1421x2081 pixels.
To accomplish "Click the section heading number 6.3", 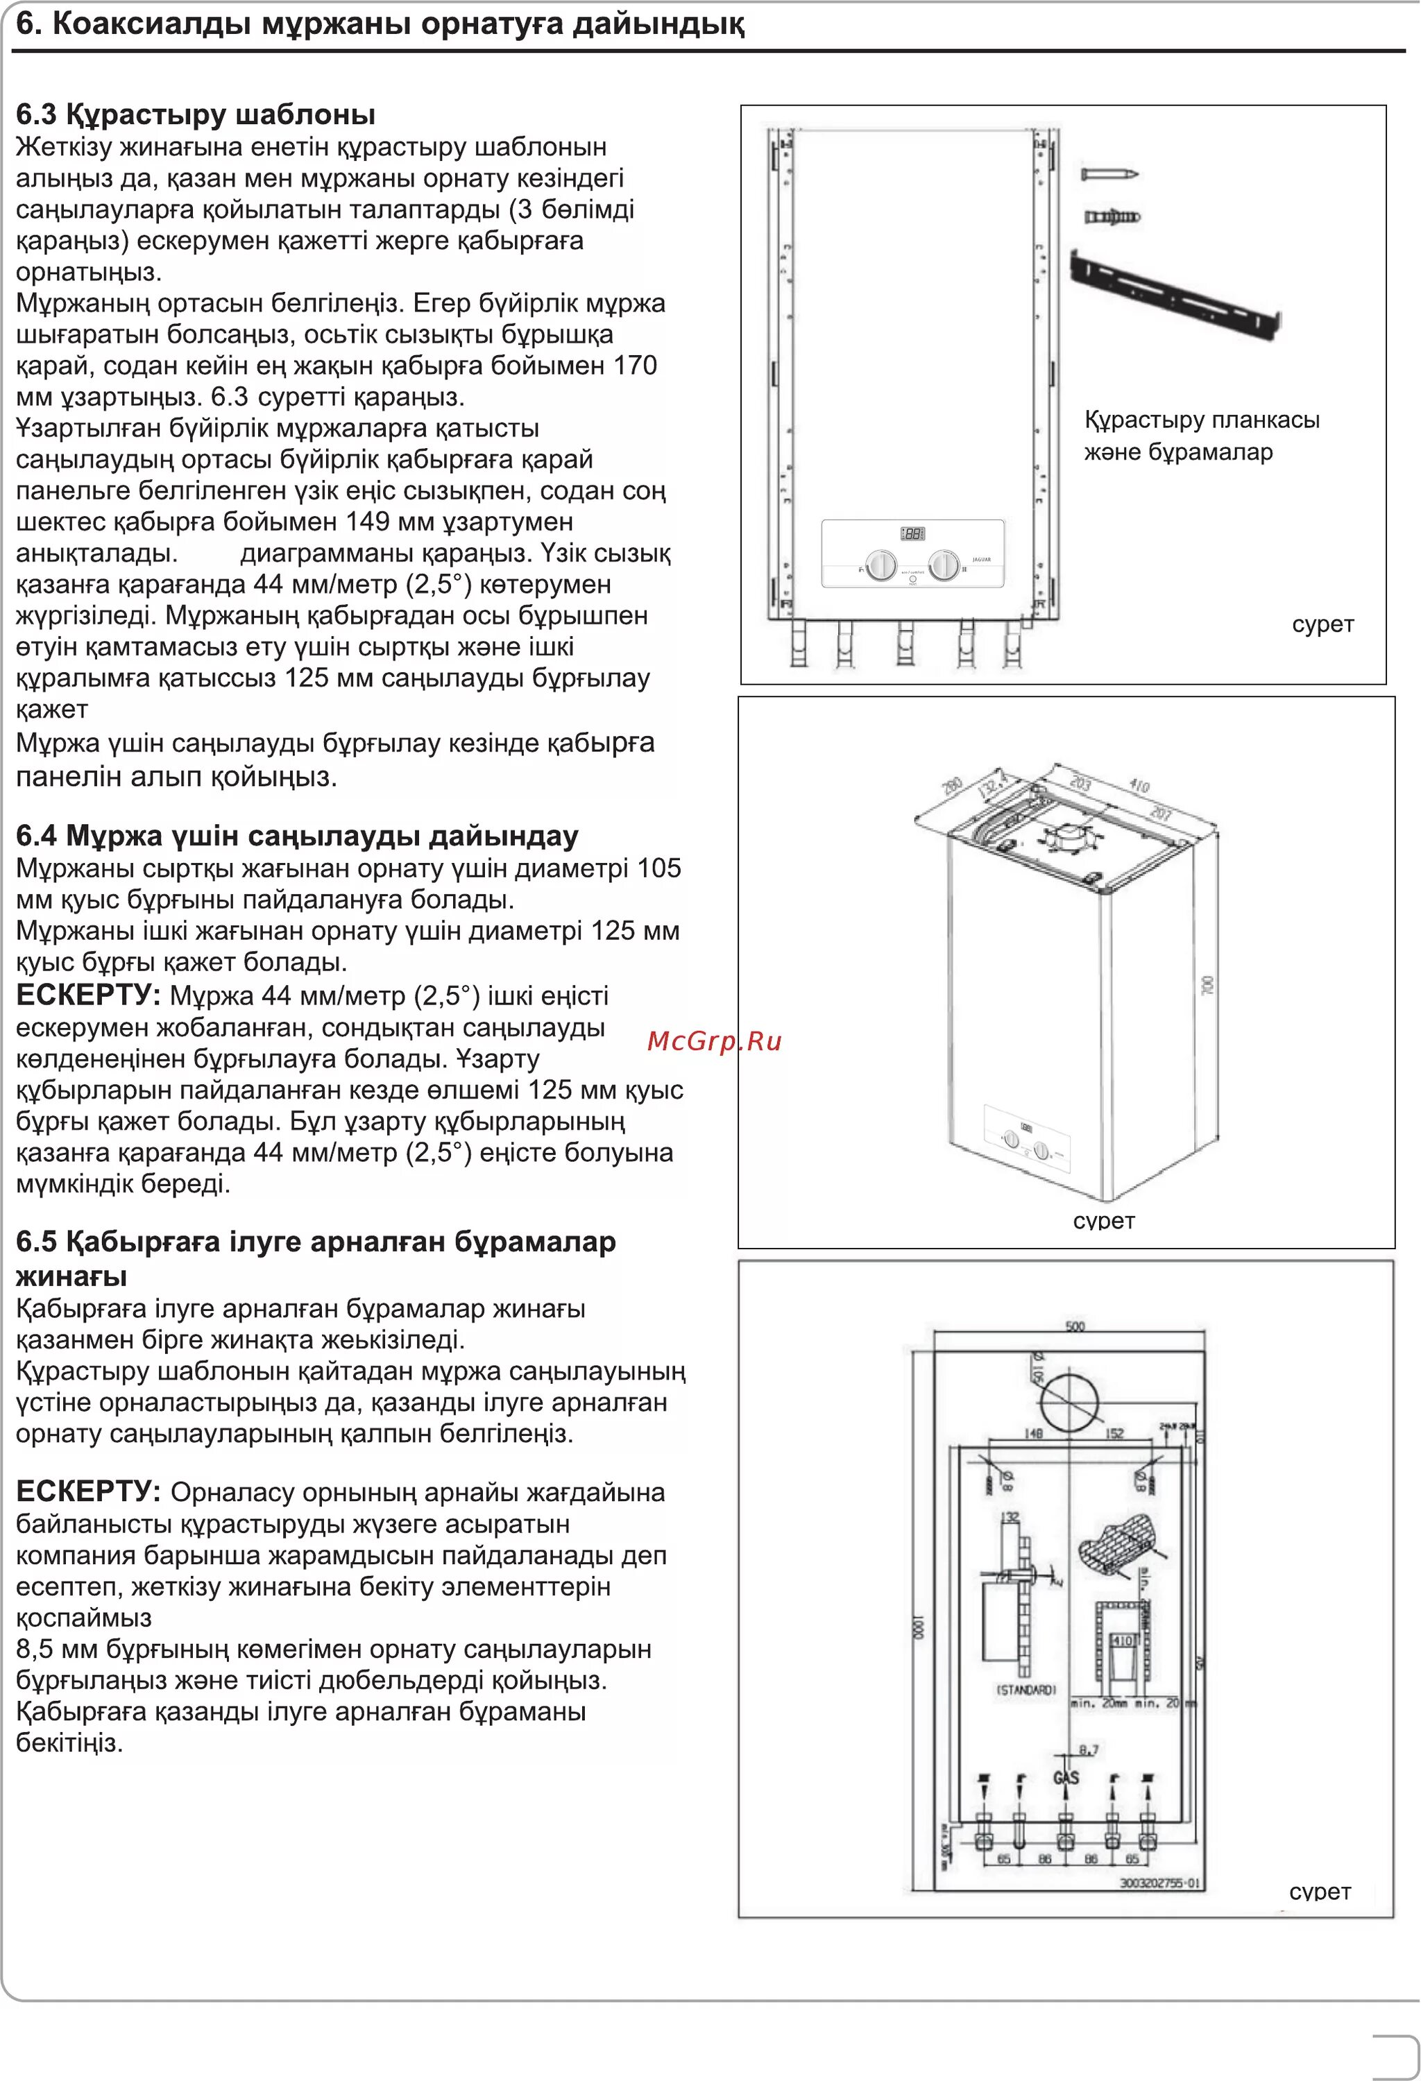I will pos(36,114).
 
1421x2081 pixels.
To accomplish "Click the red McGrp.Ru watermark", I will pos(714,1040).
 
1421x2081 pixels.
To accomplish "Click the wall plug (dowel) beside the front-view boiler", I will pos(1112,216).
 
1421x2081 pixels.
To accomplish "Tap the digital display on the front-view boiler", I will pos(912,533).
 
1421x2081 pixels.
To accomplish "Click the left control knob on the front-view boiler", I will pos(882,565).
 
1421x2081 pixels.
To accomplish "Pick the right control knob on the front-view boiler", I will pos(944,565).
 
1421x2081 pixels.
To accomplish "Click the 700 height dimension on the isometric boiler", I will pos(1208,986).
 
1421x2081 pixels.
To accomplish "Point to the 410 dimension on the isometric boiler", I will pos(1139,786).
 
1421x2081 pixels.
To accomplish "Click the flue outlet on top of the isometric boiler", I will pos(1064,838).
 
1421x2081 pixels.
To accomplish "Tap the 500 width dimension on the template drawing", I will pos(1075,1326).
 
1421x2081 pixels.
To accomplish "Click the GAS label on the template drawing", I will pos(1066,1776).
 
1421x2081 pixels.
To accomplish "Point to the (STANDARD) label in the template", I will pos(1026,1690).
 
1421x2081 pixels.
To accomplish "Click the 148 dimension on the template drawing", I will pos(1033,1434).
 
